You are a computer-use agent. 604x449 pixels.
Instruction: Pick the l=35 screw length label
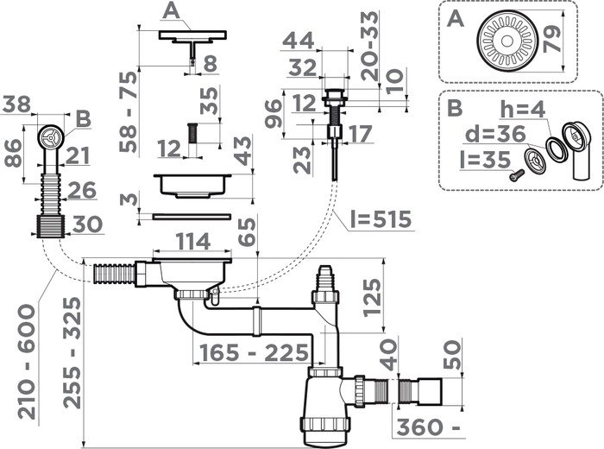[x=480, y=161]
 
